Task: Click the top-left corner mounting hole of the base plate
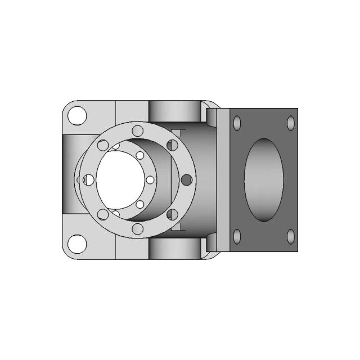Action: point(76,116)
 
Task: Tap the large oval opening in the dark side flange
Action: point(264,180)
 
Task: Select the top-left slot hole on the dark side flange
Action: point(237,123)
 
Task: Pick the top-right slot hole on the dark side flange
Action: point(291,123)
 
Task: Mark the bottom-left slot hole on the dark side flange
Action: point(237,237)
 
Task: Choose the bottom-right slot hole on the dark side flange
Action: point(291,237)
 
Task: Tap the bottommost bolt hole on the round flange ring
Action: point(137,228)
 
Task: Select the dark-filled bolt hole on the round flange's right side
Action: point(186,180)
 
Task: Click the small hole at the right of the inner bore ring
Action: point(150,180)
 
